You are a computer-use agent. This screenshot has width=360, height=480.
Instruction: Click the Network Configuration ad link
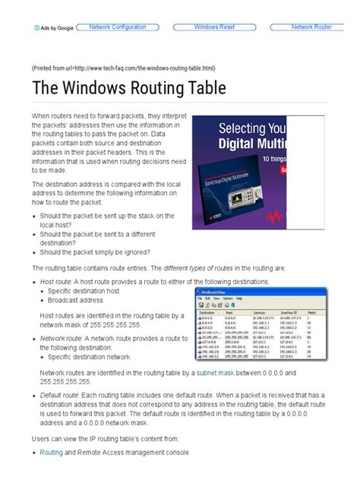pyautogui.click(x=118, y=27)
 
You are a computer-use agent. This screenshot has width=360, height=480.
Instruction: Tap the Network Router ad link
pyautogui.click(x=312, y=27)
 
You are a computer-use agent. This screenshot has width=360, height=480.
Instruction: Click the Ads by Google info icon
pyautogui.click(x=36, y=28)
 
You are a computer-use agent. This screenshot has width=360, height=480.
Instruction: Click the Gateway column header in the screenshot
pyautogui.click(x=261, y=312)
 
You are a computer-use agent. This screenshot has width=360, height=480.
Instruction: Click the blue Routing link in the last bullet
pyautogui.click(x=52, y=453)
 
